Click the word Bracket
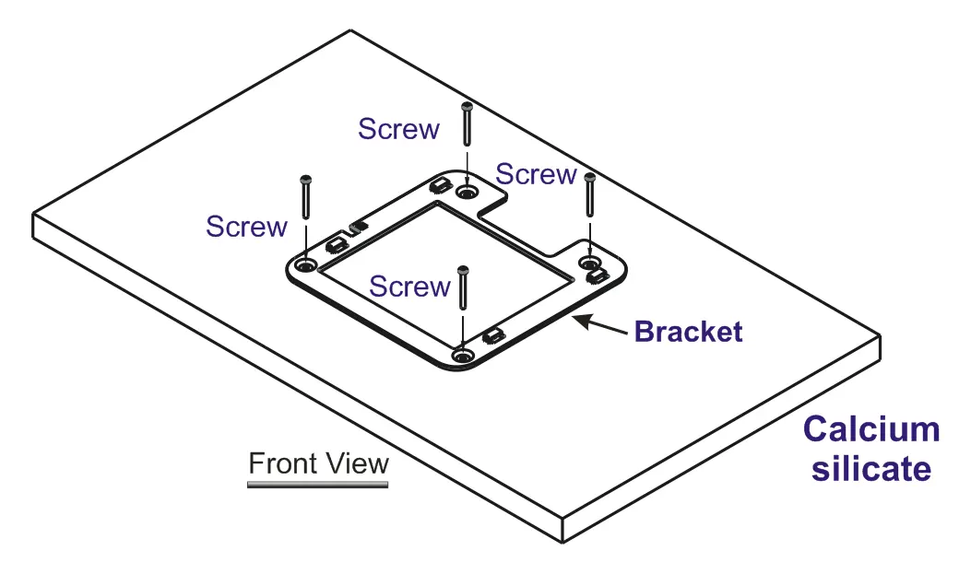tap(688, 332)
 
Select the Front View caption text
tap(318, 463)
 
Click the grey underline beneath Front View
tap(317, 485)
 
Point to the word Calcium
tap(871, 429)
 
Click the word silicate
tap(870, 469)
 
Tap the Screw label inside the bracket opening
tap(409, 287)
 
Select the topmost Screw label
tap(398, 129)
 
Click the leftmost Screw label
tap(246, 227)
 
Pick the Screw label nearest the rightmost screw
tap(536, 175)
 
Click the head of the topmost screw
tap(467, 106)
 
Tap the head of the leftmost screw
tap(306, 180)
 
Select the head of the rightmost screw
tap(589, 178)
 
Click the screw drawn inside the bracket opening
tap(463, 289)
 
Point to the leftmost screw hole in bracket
tap(305, 265)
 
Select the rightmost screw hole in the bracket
tap(589, 263)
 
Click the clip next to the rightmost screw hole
tap(597, 276)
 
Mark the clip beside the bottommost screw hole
tap(493, 335)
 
